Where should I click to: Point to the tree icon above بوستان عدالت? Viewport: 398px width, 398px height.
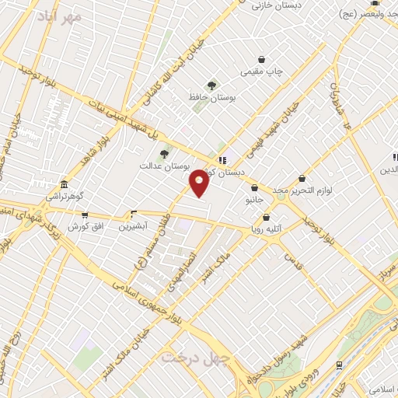click(x=163, y=155)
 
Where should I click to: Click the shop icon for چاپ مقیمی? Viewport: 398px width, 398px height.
click(x=261, y=59)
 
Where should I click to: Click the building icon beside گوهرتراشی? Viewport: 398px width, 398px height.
click(x=63, y=186)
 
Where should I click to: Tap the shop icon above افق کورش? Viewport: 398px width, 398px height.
click(x=85, y=215)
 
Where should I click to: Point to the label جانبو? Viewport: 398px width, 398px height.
click(x=255, y=199)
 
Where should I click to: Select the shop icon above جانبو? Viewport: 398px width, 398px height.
click(x=255, y=187)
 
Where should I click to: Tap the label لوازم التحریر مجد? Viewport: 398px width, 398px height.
click(x=307, y=190)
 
